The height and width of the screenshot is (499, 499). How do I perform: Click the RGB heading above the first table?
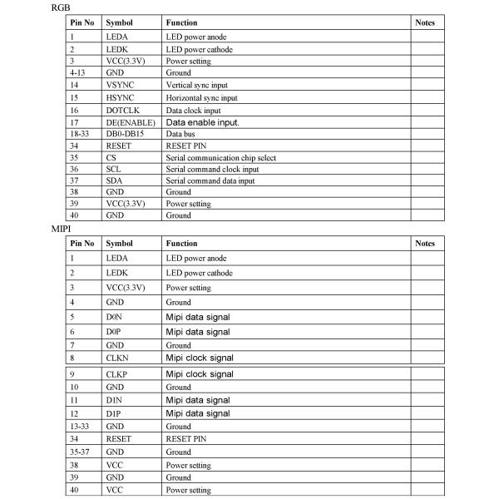click(60, 7)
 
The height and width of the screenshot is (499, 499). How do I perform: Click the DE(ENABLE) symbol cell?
click(131, 121)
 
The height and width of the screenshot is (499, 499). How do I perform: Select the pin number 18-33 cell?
click(80, 133)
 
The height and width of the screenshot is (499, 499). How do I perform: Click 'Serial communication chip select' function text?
click(220, 157)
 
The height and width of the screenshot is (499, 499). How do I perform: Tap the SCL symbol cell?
click(113, 170)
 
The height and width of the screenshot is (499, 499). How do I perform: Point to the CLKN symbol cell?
click(117, 358)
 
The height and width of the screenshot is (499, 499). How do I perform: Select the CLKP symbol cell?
click(116, 374)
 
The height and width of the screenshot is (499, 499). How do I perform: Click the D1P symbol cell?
click(114, 413)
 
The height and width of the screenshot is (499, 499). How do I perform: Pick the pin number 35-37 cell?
click(80, 452)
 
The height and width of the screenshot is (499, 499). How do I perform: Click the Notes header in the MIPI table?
click(424, 244)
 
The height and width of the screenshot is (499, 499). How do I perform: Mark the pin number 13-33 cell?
click(80, 426)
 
